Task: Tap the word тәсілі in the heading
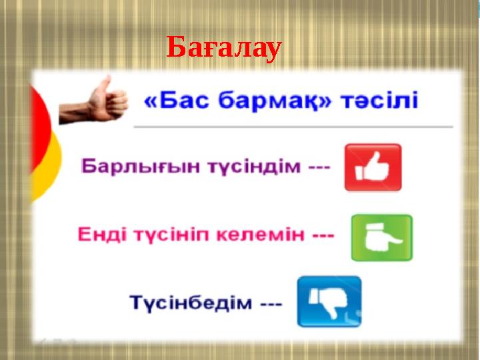click(x=379, y=102)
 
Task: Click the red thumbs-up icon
click(x=372, y=167)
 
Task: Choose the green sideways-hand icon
click(x=381, y=237)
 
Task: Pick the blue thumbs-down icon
click(x=329, y=301)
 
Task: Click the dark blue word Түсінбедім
click(x=191, y=303)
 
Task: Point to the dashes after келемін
click(x=323, y=235)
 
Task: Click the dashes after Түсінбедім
click(x=271, y=303)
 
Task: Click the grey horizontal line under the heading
click(x=293, y=126)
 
